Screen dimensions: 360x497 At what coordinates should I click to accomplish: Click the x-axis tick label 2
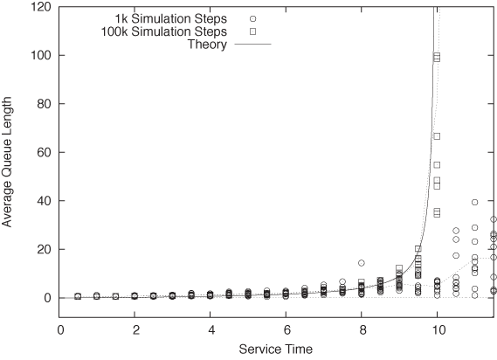(135, 331)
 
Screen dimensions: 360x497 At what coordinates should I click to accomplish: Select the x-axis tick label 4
(211, 331)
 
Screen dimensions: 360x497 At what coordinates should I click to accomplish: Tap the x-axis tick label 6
(286, 331)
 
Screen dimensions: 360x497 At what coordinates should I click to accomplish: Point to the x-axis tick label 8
(362, 331)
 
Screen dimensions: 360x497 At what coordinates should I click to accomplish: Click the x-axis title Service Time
(277, 350)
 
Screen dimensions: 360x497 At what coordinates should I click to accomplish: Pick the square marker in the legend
(252, 31)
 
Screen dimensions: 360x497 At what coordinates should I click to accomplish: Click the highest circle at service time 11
(474, 202)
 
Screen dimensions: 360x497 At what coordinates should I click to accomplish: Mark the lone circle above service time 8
(362, 263)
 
